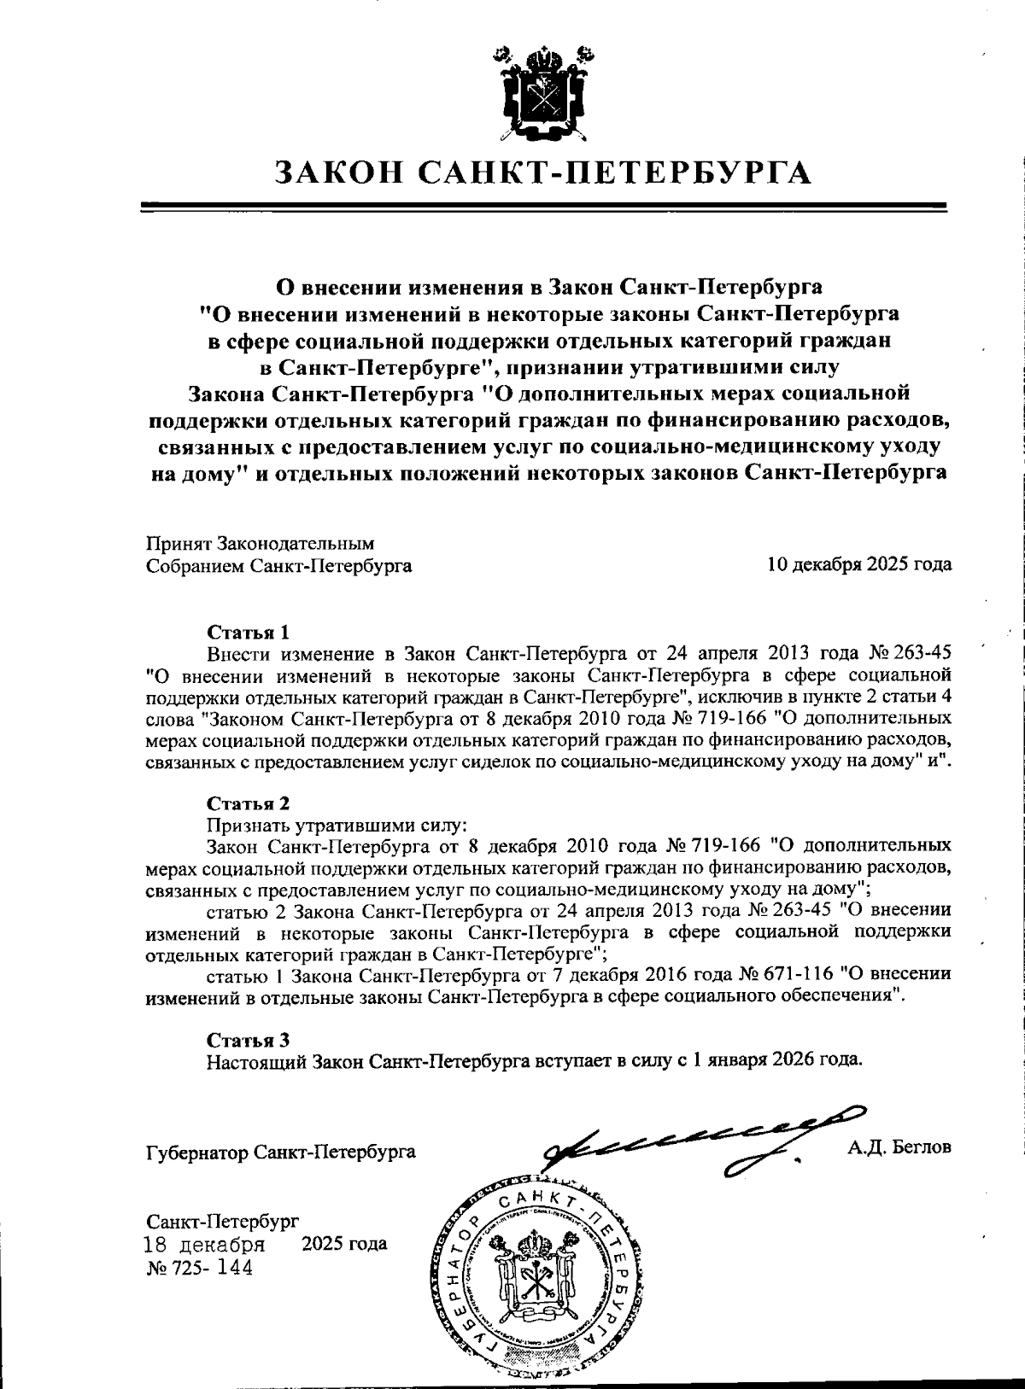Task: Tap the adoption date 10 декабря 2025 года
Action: pyautogui.click(x=858, y=564)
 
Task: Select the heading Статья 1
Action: pyautogui.click(x=249, y=632)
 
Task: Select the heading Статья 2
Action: pyautogui.click(x=249, y=803)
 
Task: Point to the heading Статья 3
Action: pyautogui.click(x=249, y=1039)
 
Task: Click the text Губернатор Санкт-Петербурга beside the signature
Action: pyautogui.click(x=281, y=1153)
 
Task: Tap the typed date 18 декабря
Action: pyautogui.click(x=204, y=1243)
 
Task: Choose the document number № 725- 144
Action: pyautogui.click(x=200, y=1268)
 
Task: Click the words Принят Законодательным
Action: pyautogui.click(x=261, y=543)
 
